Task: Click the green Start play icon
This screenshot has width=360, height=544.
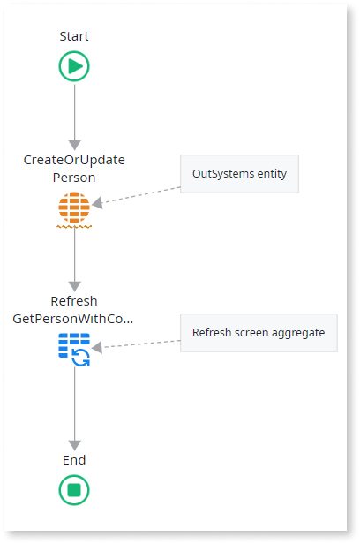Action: (x=74, y=66)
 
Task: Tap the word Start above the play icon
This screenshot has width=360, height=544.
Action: (x=74, y=36)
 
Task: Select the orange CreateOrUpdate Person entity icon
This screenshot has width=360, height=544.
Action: (x=74, y=208)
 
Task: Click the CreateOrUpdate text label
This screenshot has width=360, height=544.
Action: (x=74, y=160)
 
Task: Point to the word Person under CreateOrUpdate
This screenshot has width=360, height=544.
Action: (x=74, y=178)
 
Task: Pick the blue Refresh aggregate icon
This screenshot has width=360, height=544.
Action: (x=74, y=350)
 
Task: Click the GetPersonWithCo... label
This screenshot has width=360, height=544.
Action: (x=72, y=319)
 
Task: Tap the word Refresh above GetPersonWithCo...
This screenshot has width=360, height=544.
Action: (x=74, y=301)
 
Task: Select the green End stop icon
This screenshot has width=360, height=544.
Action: (x=74, y=490)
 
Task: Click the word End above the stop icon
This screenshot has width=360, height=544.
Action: (x=74, y=460)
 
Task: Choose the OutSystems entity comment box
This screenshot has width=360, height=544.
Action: (x=239, y=174)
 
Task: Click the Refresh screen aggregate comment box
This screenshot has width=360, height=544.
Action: (x=259, y=333)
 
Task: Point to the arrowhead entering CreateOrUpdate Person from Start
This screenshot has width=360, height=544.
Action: (x=74, y=146)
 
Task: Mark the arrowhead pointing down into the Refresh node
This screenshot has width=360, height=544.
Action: (x=74, y=286)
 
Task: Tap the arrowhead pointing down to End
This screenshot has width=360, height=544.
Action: (x=74, y=445)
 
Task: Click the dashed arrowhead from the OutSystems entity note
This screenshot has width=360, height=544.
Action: (x=97, y=203)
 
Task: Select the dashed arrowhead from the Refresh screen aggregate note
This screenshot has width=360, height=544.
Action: (x=97, y=347)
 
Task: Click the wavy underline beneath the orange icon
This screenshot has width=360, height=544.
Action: (x=74, y=227)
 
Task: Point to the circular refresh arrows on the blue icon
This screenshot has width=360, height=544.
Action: (x=80, y=358)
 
